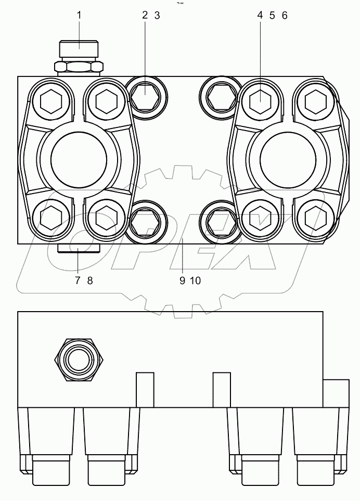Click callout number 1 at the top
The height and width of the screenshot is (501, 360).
tap(79, 16)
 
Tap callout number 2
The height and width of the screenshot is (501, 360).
tap(145, 16)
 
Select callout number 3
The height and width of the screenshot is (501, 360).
tap(157, 16)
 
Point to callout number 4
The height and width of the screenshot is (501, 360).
tap(260, 16)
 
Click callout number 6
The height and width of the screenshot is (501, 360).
tap(284, 16)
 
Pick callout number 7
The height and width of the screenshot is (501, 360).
tap(77, 281)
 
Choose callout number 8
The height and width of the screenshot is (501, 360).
tap(90, 281)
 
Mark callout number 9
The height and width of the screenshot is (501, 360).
tap(183, 281)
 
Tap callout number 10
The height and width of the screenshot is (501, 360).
tap(195, 281)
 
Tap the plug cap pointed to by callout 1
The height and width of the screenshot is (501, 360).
tap(79, 49)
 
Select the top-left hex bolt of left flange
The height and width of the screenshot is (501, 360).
tap(50, 100)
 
